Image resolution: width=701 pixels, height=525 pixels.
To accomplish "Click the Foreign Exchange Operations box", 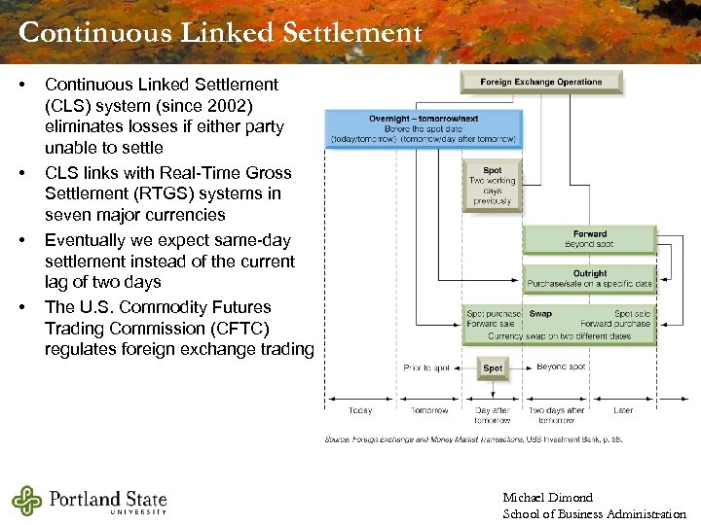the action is coord(541,83).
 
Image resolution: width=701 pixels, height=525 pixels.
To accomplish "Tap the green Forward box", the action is coord(589,238).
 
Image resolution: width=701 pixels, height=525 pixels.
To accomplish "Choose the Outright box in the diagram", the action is coord(589,278).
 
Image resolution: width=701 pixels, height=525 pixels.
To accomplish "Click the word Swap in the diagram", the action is coord(540,314).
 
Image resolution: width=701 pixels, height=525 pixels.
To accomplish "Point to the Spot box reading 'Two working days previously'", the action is coord(492,186).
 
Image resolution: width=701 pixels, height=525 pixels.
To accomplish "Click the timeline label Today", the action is coord(360,410).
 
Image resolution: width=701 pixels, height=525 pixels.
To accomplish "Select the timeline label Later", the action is coord(623,410).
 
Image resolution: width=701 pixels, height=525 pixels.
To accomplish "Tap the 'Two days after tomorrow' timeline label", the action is coord(556,415).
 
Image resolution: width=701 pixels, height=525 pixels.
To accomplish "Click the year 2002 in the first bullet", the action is coord(232,106).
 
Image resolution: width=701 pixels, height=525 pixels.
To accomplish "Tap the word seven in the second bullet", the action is coord(67,215).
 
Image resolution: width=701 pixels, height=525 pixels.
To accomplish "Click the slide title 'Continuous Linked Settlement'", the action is coord(220,33).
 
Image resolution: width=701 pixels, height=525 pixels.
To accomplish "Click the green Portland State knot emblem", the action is coord(28,501).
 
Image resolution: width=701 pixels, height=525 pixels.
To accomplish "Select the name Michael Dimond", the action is coord(547,498).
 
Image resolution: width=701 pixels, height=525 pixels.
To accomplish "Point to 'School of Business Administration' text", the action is coord(594,514).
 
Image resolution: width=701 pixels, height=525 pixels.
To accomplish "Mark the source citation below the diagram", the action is coord(473,438).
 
